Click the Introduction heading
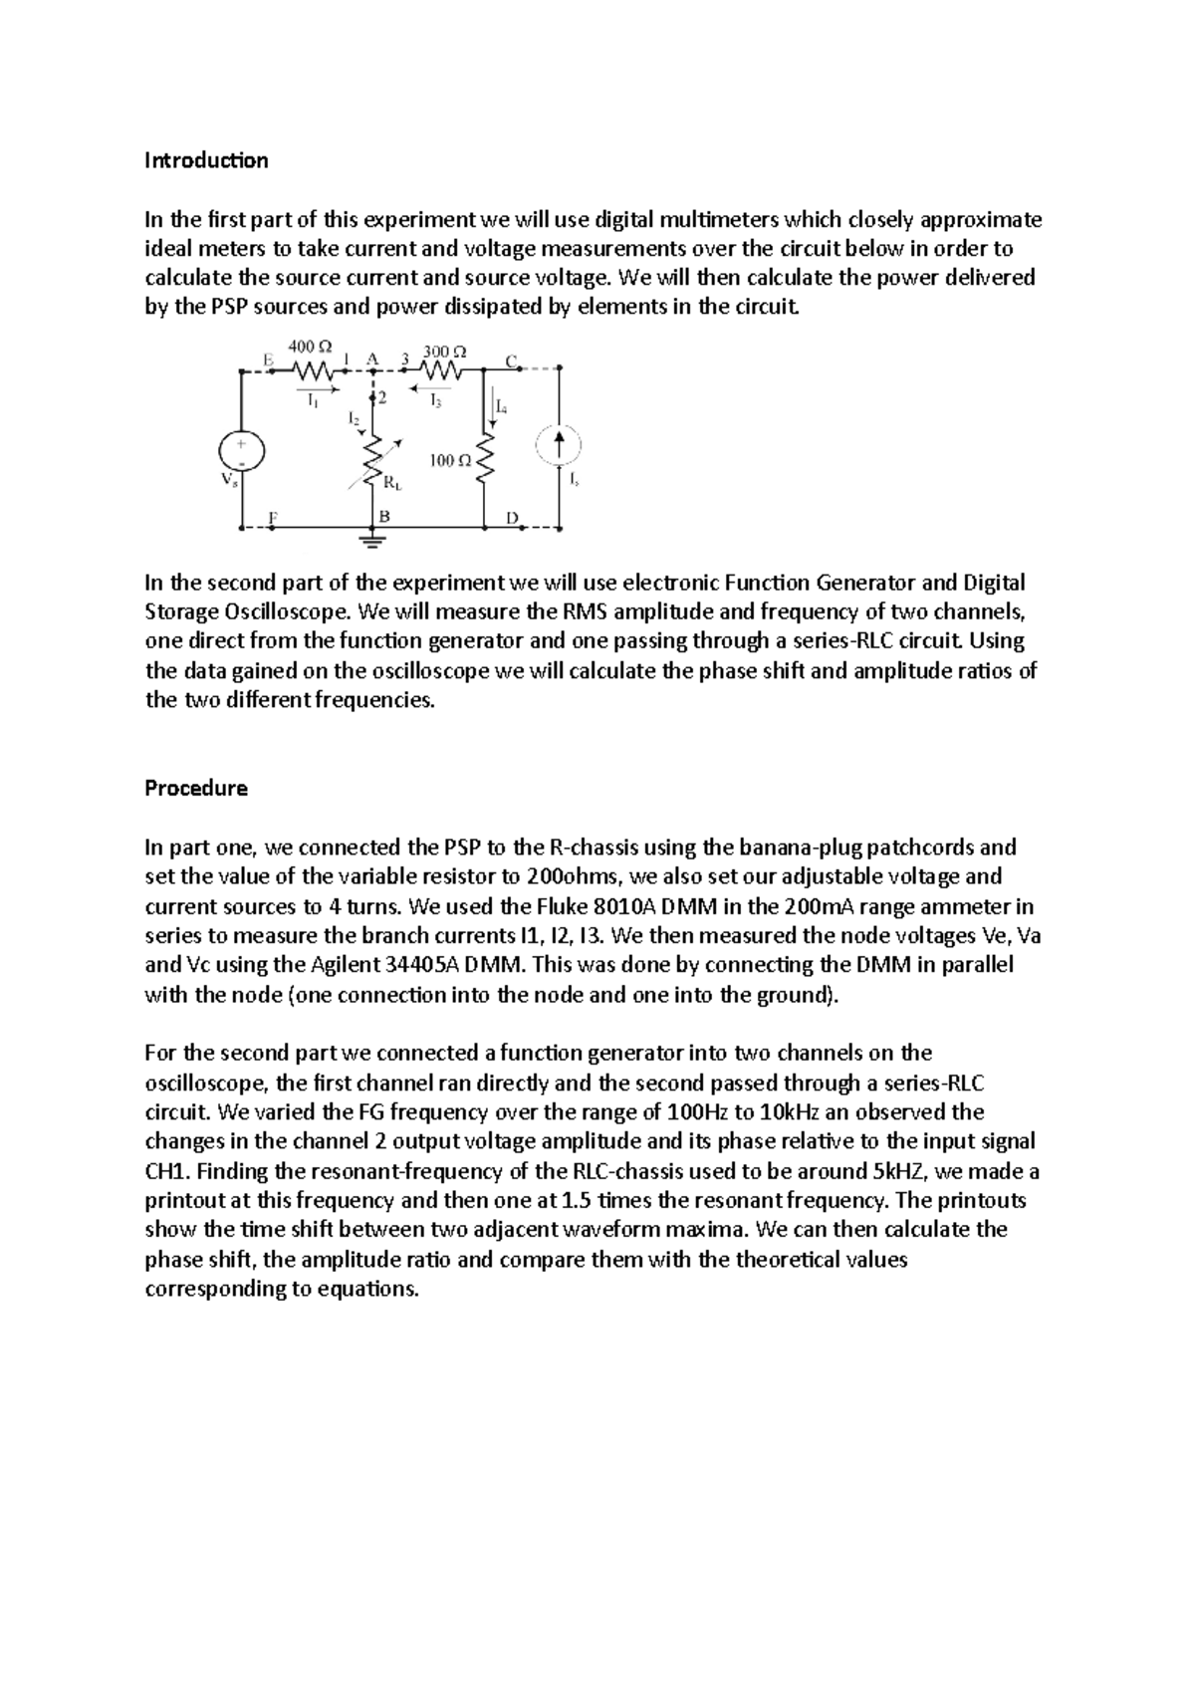[206, 160]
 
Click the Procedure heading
[196, 789]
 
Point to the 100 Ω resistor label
[450, 460]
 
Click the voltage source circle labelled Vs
[243, 451]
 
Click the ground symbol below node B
[372, 542]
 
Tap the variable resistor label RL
[393, 484]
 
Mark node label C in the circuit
[511, 361]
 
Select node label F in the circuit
[273, 517]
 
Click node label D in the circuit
[512, 518]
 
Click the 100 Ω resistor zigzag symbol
[485, 461]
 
